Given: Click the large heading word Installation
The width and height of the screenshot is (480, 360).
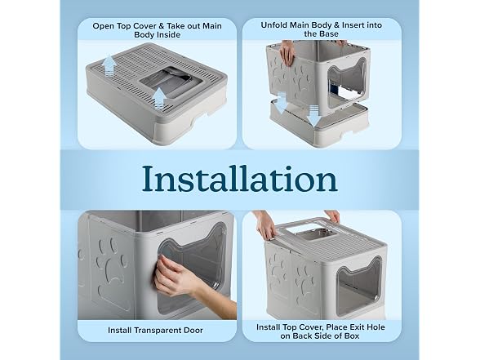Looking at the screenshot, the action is coord(240,179).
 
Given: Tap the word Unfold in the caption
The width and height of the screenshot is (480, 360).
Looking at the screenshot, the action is coord(273,25).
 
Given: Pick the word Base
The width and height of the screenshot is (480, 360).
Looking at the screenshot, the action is coord(330,34).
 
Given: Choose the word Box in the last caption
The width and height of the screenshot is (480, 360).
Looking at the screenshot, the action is coord(352,336).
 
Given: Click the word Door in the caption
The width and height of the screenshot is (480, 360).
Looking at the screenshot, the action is coord(193,331).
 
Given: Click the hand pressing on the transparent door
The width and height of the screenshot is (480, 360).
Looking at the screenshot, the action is coord(178,277).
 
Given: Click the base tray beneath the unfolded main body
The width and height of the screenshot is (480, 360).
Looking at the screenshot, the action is coord(319,125).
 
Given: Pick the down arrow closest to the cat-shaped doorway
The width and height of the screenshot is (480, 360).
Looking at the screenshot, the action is coord(313,115).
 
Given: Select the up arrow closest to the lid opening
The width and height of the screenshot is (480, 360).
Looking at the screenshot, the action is coord(159,98).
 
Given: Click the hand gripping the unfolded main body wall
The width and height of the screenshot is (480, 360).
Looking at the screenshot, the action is coord(287,52).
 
